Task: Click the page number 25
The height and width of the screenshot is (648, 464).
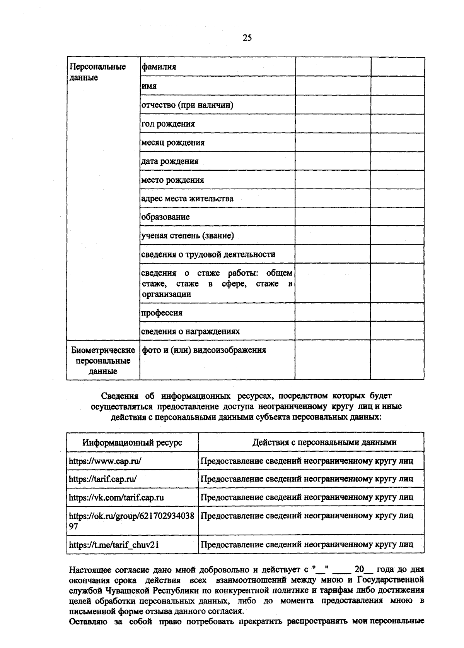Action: (x=247, y=38)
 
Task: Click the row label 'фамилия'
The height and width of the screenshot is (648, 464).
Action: (x=159, y=67)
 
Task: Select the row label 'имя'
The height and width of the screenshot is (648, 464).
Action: (x=149, y=86)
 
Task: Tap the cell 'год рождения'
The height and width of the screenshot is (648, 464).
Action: (x=168, y=124)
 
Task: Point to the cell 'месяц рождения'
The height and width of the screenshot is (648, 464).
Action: (x=173, y=142)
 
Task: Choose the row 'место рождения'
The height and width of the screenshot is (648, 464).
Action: (x=172, y=180)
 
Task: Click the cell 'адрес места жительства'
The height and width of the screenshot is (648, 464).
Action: (x=187, y=199)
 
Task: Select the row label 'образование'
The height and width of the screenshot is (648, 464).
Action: (x=165, y=217)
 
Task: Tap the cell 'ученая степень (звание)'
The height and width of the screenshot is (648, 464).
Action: (x=188, y=235)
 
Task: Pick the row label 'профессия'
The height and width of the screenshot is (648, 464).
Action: (x=162, y=313)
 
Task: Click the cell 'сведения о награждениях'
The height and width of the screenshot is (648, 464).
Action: (x=190, y=331)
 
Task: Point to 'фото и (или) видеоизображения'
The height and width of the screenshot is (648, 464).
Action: (x=204, y=350)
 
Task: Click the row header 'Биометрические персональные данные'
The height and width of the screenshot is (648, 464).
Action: (x=103, y=361)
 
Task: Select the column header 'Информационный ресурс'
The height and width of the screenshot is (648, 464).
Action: (x=132, y=442)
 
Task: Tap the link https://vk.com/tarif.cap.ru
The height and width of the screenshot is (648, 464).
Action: (x=116, y=497)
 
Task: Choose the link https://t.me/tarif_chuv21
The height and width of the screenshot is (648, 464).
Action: (x=114, y=545)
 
